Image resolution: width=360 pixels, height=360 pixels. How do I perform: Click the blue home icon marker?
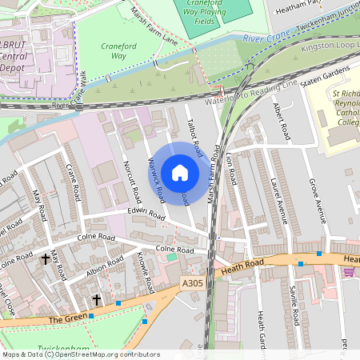[x=180, y=173]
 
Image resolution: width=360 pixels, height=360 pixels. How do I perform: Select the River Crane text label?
[x=265, y=38]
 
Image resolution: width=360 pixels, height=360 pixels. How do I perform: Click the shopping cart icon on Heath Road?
[x=348, y=272]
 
